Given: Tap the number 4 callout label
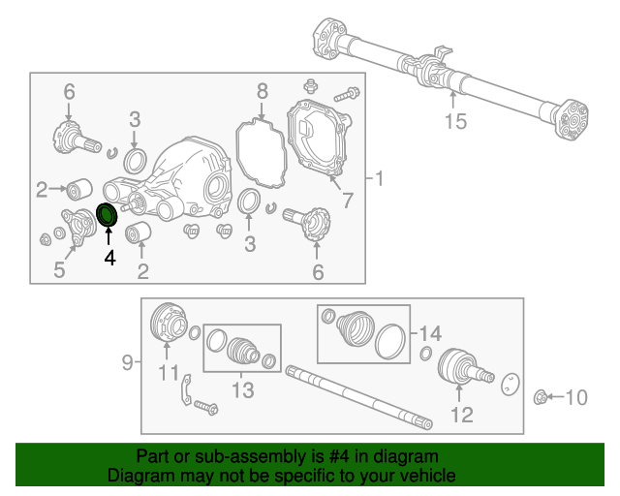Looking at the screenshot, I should click(x=109, y=259).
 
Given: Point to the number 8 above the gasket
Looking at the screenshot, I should click(x=262, y=91).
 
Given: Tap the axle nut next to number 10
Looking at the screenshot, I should click(x=542, y=395).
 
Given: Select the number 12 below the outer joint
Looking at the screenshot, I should click(x=461, y=415).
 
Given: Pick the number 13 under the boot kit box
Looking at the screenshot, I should click(x=241, y=390).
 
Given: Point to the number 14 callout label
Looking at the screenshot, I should click(x=430, y=332).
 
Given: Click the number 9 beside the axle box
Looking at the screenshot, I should click(x=127, y=363).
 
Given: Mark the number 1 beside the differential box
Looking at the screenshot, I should click(x=379, y=178).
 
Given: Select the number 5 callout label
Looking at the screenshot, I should click(x=59, y=270).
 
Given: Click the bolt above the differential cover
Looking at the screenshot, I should click(x=347, y=96).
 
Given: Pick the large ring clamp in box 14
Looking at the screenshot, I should click(x=389, y=343).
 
